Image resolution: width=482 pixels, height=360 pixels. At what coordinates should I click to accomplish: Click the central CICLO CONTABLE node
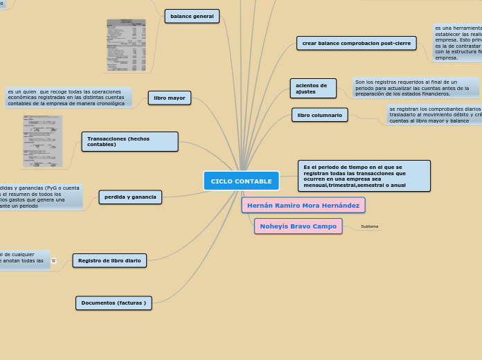pyautogui.click(x=241, y=181)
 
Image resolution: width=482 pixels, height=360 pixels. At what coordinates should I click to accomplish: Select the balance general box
pyautogui.click(x=192, y=16)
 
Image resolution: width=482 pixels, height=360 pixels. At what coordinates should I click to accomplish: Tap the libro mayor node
pyautogui.click(x=170, y=98)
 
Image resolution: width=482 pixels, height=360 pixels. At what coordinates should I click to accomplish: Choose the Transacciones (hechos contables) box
pyautogui.click(x=130, y=142)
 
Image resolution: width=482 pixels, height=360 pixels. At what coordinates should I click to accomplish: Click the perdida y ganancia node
pyautogui.click(x=130, y=197)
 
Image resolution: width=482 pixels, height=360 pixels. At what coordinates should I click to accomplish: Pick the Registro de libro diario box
pyautogui.click(x=109, y=260)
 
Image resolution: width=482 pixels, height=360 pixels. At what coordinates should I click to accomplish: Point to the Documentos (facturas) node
pyautogui.click(x=114, y=303)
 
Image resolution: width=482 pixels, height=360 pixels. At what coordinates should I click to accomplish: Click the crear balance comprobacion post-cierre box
pyautogui.click(x=356, y=43)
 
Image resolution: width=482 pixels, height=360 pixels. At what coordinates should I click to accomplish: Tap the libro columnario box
pyautogui.click(x=320, y=115)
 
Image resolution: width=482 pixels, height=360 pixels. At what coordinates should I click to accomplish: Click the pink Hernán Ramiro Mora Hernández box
pyautogui.click(x=303, y=205)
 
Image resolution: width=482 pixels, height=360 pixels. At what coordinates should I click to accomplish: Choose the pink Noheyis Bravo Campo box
pyautogui.click(x=298, y=226)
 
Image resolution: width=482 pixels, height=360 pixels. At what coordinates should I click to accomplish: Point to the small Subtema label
pyautogui.click(x=370, y=226)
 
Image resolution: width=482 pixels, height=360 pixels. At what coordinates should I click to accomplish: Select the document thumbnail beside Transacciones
pyautogui.click(x=42, y=141)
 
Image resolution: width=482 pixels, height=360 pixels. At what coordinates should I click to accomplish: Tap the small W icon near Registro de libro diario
pyautogui.click(x=53, y=260)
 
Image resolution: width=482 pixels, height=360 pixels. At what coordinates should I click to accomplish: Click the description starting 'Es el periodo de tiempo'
pyautogui.click(x=364, y=176)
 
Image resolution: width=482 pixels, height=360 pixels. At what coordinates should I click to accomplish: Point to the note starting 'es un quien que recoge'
pyautogui.click(x=67, y=98)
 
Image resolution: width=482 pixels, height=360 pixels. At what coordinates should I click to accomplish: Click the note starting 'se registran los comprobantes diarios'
pyautogui.click(x=434, y=114)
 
